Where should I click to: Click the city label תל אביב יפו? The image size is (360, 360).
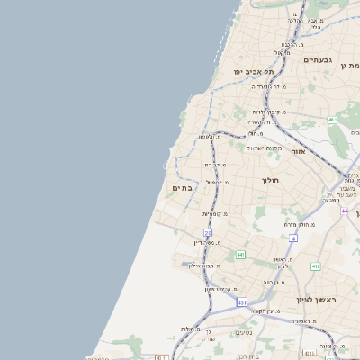pos(253,70)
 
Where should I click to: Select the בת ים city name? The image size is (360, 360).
pos(180,188)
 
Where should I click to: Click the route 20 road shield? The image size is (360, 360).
pos(208,233)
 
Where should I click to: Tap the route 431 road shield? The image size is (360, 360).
pos(242,302)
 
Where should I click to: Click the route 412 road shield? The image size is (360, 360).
pos(316,267)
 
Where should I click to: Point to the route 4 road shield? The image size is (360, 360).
pos(293,238)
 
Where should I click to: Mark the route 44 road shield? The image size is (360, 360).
pos(345,211)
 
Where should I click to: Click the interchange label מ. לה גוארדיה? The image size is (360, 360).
pos(269,87)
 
